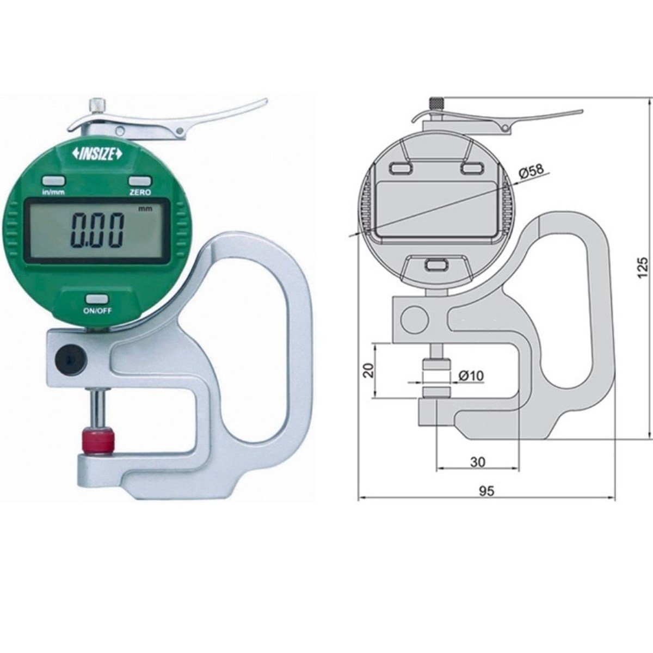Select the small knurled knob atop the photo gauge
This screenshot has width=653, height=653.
pyautogui.click(x=97, y=104)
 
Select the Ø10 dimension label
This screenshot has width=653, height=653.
pyautogui.click(x=471, y=375)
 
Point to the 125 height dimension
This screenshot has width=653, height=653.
pyautogui.click(x=643, y=268)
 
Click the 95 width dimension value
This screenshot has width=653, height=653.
pyautogui.click(x=486, y=491)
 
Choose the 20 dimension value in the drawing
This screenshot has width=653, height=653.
pyautogui.click(x=368, y=371)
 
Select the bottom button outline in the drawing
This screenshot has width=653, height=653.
pyautogui.click(x=435, y=265)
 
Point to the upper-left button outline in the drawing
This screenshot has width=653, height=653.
pyautogui.click(x=400, y=169)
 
